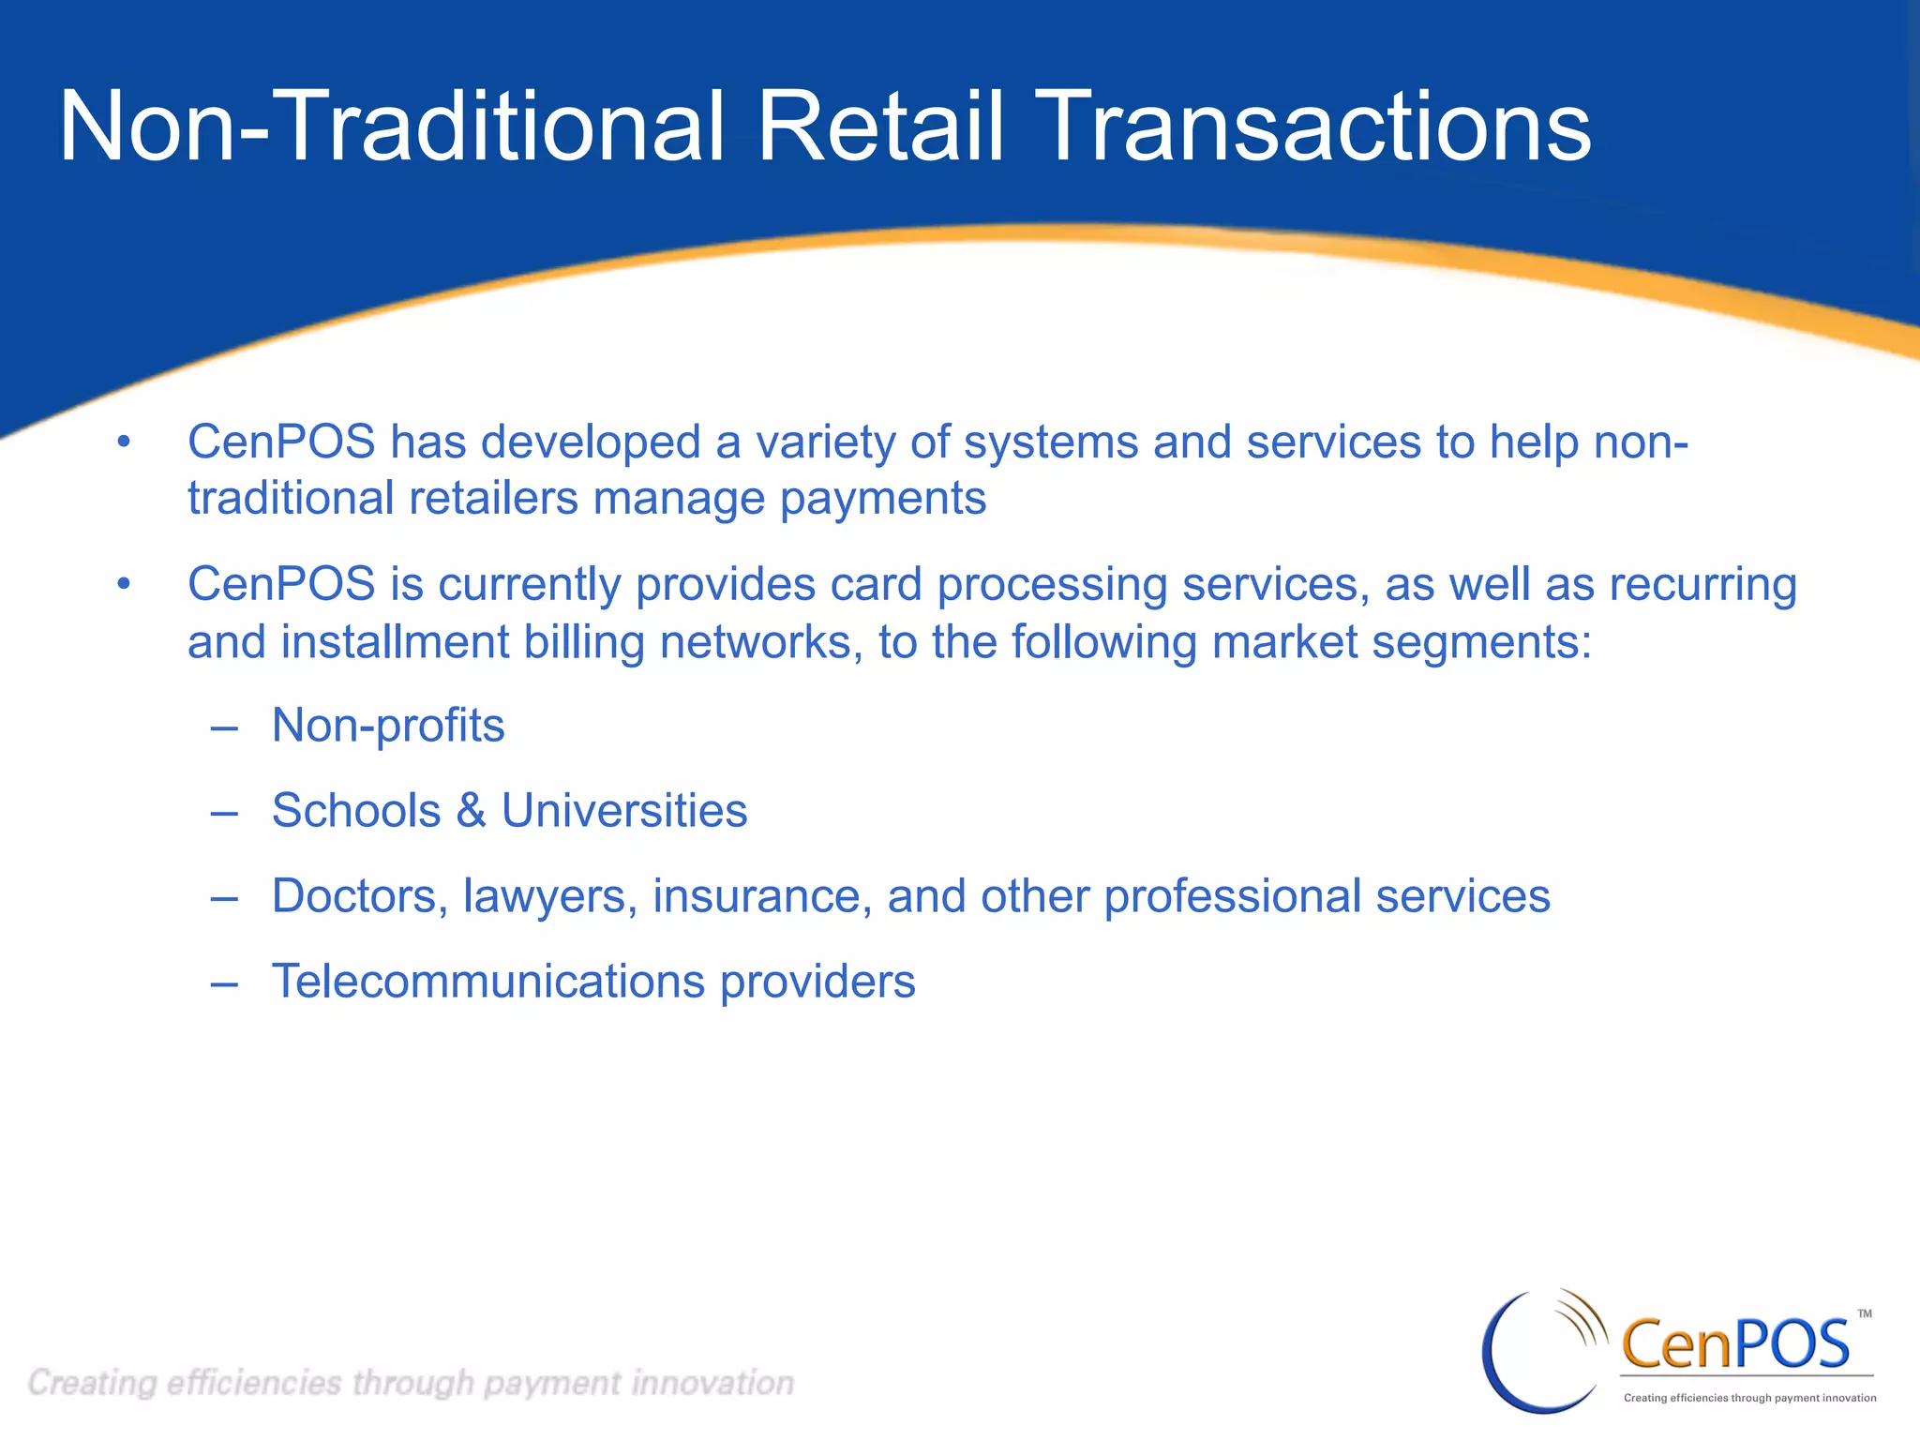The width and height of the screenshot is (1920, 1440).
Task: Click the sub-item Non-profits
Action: tap(388, 726)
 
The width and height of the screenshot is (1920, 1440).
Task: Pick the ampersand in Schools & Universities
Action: tap(471, 811)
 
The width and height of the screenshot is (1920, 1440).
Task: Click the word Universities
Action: tap(624, 811)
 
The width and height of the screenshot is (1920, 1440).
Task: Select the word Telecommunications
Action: tap(487, 982)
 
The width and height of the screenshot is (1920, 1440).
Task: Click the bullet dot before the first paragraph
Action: tap(124, 442)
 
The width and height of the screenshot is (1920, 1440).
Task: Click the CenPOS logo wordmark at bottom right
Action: tap(1734, 1344)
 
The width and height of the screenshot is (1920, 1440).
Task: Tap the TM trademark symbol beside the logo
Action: tap(1865, 1313)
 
